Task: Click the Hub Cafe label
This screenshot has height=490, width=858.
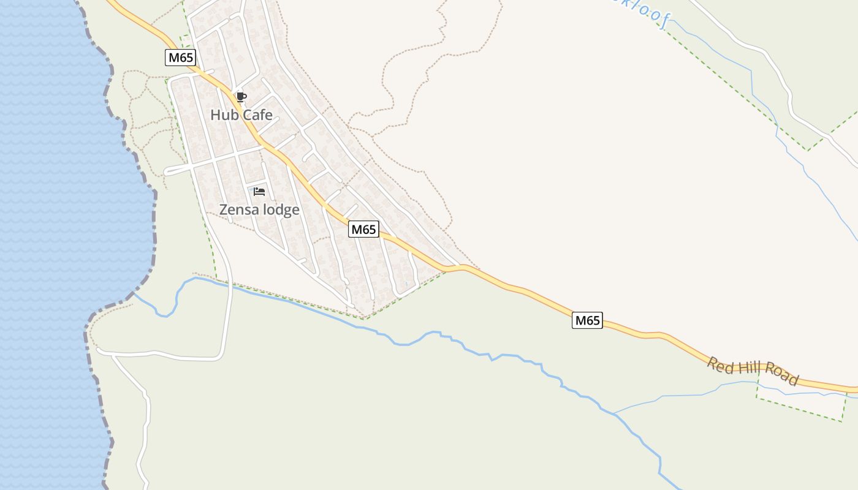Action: [x=241, y=115]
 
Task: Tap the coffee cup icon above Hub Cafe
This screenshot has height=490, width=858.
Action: [x=241, y=97]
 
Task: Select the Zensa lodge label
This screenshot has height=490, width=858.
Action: [x=259, y=209]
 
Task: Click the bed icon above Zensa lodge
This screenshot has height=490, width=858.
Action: [x=259, y=192]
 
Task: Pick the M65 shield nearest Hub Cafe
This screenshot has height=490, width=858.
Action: [x=180, y=58]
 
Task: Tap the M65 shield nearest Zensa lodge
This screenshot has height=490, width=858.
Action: [x=363, y=229]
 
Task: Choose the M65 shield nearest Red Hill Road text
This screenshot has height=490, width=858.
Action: [x=587, y=320]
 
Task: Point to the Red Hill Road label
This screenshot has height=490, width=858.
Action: [x=753, y=371]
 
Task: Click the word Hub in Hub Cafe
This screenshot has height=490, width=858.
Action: [x=222, y=115]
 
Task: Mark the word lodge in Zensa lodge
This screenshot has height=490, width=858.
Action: [x=281, y=209]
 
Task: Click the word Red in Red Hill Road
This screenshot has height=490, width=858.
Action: [x=720, y=365]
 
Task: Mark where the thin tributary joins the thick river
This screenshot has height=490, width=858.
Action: [x=615, y=413]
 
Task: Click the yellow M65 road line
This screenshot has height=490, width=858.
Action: [x=521, y=289]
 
